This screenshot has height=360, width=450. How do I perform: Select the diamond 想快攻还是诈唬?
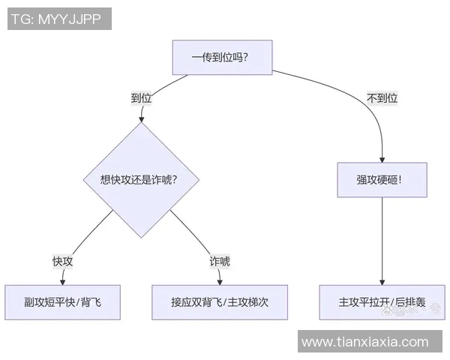point(140,179)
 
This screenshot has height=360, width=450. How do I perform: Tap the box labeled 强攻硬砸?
point(382,180)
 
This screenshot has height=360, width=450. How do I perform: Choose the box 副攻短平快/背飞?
point(62,302)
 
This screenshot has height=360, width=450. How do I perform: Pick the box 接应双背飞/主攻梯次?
point(220,302)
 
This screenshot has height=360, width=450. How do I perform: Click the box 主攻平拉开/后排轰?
point(382,302)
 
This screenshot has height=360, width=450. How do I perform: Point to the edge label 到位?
point(141,97)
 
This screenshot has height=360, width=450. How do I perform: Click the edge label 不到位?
point(382,97)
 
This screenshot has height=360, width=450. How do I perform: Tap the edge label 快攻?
point(62,261)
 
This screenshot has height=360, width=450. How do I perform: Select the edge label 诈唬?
point(220,261)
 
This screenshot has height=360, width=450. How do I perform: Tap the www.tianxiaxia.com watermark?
point(365,342)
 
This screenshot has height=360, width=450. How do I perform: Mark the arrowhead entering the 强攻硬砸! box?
point(382,159)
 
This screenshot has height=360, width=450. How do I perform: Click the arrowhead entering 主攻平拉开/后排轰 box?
point(382,281)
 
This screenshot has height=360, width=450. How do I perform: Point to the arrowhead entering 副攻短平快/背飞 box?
point(63,281)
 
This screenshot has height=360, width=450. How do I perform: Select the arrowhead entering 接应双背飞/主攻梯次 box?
point(219,281)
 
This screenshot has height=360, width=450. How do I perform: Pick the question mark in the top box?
point(246,57)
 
